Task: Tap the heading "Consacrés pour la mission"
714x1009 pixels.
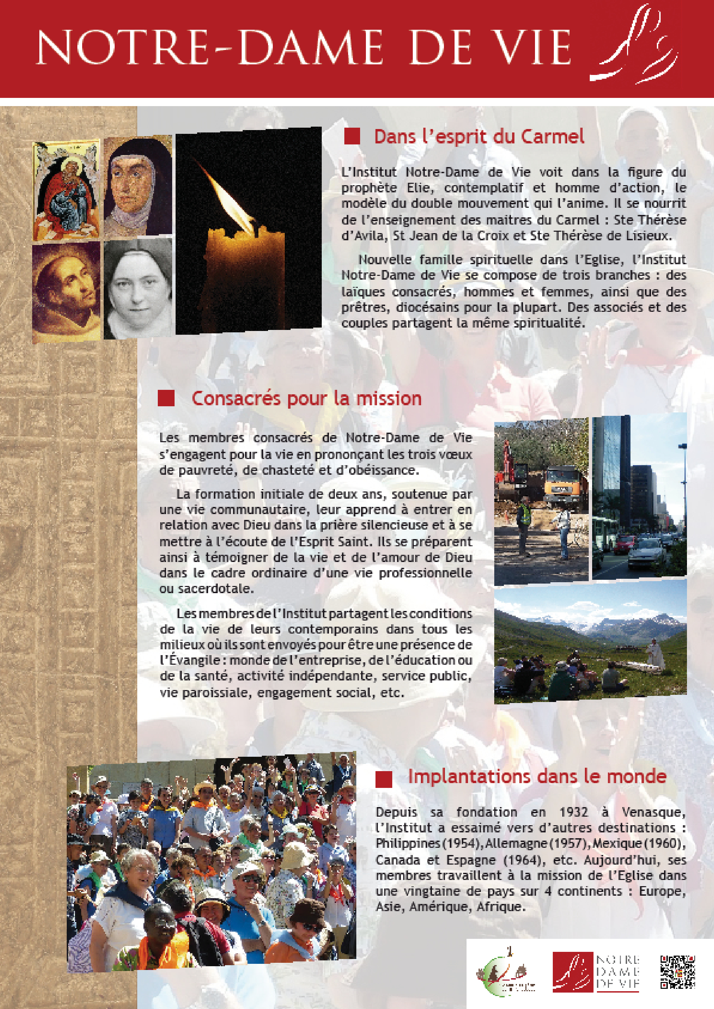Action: (306, 398)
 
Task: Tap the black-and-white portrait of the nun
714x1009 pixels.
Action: (137, 288)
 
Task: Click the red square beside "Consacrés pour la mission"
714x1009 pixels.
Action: (166, 399)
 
